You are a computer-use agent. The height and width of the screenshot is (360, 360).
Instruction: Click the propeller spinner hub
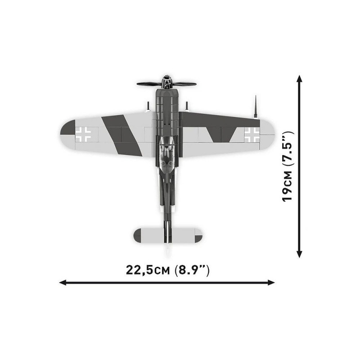(x=167, y=82)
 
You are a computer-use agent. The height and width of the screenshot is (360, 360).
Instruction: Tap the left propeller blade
(x=149, y=84)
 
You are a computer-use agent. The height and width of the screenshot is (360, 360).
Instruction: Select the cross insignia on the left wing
(x=83, y=134)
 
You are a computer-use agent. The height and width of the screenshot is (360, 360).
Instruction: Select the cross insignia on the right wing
(x=252, y=135)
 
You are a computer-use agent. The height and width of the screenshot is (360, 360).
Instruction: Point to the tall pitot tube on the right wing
(x=256, y=107)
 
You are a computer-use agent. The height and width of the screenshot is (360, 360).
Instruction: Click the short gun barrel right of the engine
(x=187, y=106)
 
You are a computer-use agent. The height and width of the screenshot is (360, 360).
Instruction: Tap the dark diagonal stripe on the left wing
(x=121, y=135)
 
